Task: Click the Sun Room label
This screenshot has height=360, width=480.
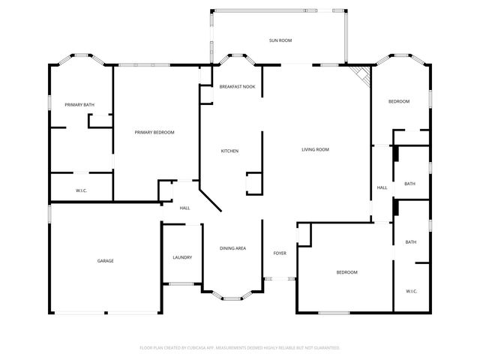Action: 280,40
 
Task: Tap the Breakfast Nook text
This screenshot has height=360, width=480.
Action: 237,87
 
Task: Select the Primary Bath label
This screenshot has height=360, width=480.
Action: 79,104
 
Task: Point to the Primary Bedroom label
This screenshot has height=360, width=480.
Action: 154,133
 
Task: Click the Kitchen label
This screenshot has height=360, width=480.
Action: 229,151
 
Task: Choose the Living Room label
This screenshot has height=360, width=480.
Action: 316,149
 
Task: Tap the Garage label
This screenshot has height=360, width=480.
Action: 105,261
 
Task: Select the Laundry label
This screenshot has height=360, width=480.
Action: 182,257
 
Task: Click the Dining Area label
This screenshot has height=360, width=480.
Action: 232,248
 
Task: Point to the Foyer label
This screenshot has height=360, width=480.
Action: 280,253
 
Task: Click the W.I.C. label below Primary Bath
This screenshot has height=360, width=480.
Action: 82,190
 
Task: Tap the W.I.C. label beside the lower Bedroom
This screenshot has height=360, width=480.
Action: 412,291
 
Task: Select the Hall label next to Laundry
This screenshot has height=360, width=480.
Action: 184,208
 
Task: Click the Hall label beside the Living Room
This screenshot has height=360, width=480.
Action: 382,187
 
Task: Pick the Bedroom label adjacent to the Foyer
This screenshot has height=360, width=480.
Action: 346,271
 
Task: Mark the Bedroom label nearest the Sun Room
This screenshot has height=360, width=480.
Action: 399,101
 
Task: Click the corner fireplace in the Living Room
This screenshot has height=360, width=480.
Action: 363,73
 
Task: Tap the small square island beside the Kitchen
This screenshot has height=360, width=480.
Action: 253,184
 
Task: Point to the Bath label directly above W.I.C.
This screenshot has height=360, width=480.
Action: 411,241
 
